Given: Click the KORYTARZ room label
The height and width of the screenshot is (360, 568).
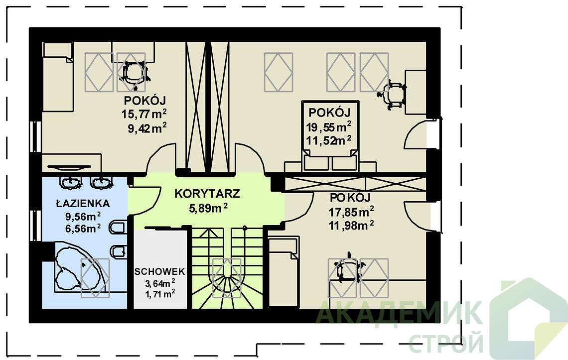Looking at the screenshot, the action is tap(207, 194).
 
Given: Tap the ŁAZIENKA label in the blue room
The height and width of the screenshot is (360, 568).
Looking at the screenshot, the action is tap(83, 204).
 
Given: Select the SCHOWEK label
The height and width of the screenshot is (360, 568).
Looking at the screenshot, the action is tap(160, 272).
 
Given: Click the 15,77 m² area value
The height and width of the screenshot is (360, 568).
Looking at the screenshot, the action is tap(144, 115).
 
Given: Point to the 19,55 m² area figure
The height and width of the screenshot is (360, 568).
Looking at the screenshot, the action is tap(329, 127).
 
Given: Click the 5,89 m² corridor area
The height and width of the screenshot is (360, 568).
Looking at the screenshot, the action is tap(208, 208).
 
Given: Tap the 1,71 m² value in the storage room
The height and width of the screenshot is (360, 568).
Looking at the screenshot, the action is tap(160, 294).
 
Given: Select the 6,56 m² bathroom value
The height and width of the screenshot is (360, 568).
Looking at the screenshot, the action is tap(83, 229).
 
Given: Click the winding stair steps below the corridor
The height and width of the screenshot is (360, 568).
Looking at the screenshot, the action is tap(227, 268).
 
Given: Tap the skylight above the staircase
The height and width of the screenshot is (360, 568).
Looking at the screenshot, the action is tap(227, 278).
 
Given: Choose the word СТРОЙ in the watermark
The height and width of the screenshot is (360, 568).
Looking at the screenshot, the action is tap(446, 343).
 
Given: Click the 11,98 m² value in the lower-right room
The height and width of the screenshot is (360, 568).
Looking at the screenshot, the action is tap(351, 225).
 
